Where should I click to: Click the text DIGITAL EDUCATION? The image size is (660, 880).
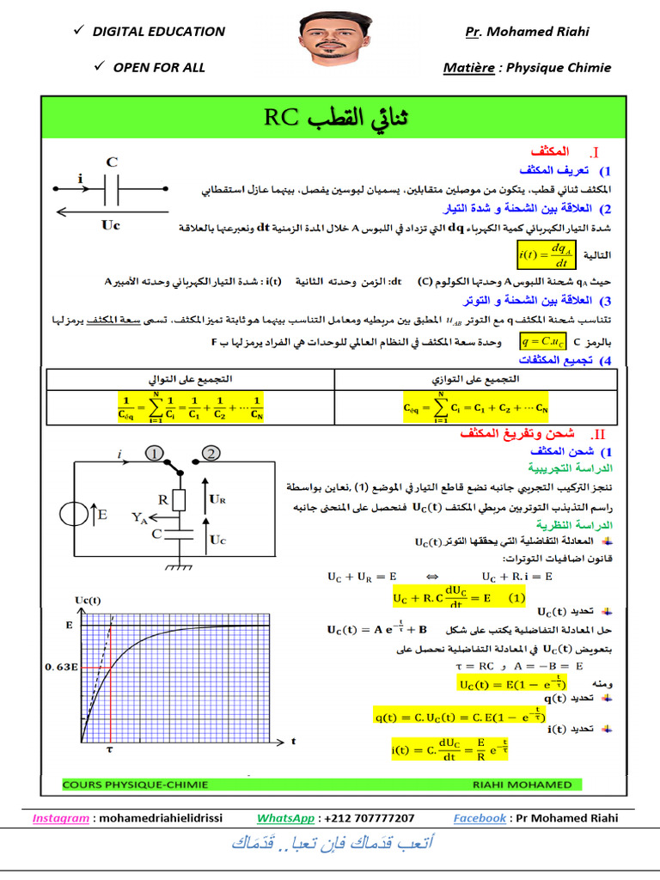pyautogui.click(x=158, y=32)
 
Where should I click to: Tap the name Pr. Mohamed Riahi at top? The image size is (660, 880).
pyautogui.click(x=527, y=32)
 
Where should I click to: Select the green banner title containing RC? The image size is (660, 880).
pyautogui.click(x=330, y=119)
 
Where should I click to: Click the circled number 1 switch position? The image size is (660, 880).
pyautogui.click(x=154, y=454)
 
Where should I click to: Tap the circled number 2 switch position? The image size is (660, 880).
pyautogui.click(x=209, y=454)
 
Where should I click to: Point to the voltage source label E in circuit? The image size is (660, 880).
pyautogui.click(x=102, y=516)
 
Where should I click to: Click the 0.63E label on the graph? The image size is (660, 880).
pyautogui.click(x=62, y=666)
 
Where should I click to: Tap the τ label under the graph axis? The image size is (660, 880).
pyautogui.click(x=109, y=749)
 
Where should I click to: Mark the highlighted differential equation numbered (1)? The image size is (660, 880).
pyautogui.click(x=459, y=596)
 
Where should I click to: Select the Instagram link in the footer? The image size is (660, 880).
pyautogui.click(x=60, y=818)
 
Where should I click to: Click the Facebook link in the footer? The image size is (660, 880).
pyautogui.click(x=480, y=818)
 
